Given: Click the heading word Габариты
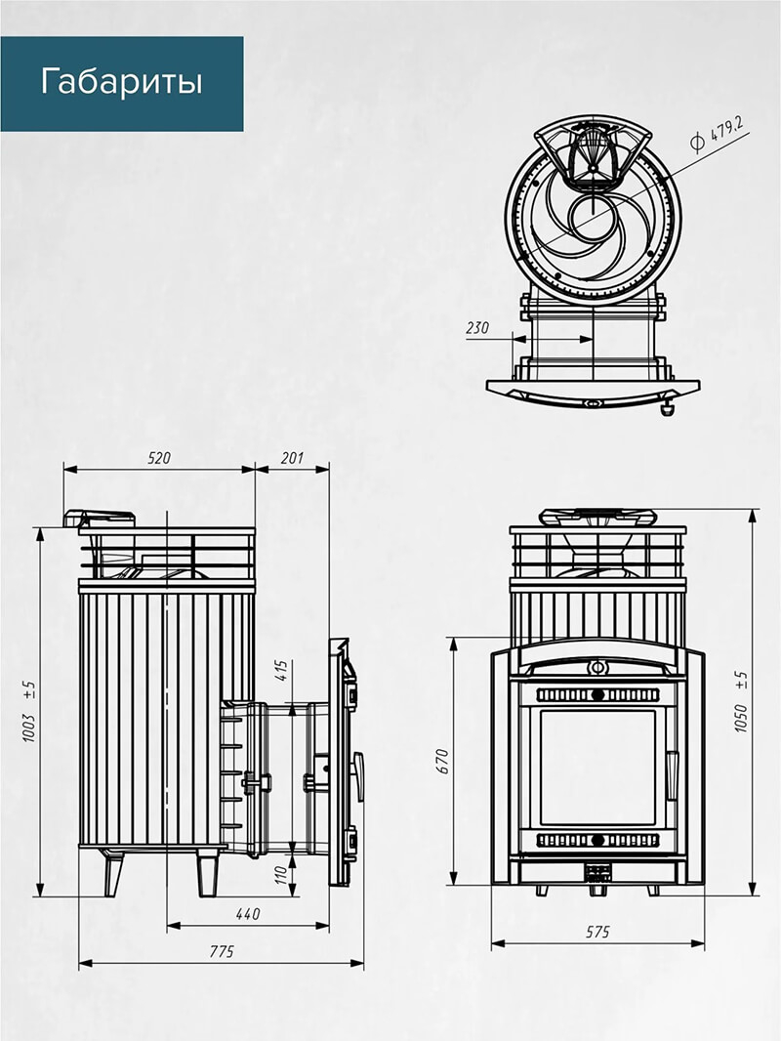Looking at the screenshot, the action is (121, 82).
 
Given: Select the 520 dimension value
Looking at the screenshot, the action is (159, 458).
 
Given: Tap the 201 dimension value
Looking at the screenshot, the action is (292, 458).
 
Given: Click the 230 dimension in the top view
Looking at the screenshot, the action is (477, 327).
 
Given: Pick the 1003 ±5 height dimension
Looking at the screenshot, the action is (29, 711).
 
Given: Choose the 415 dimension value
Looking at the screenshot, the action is (281, 671).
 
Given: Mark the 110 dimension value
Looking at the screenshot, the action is (281, 874).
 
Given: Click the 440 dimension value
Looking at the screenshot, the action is (248, 914).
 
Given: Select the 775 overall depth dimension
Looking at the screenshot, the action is (222, 952).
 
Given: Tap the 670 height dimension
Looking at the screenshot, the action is (443, 761).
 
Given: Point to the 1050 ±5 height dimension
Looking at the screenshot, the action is (741, 702).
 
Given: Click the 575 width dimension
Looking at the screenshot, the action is (597, 933).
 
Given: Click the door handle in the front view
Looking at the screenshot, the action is (672, 774).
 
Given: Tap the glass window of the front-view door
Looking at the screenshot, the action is (597, 768).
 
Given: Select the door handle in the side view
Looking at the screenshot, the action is (358, 776).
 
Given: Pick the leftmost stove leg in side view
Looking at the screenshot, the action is (113, 872).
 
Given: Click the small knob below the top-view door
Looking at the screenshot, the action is (666, 407).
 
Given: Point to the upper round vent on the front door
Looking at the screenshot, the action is (597, 695).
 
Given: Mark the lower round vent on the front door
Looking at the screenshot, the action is (597, 840).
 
